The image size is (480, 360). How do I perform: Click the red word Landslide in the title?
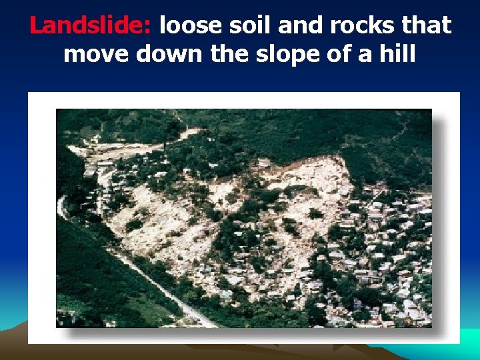90,26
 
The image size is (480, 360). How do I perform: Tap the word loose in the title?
189,26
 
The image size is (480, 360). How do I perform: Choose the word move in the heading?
96,53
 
